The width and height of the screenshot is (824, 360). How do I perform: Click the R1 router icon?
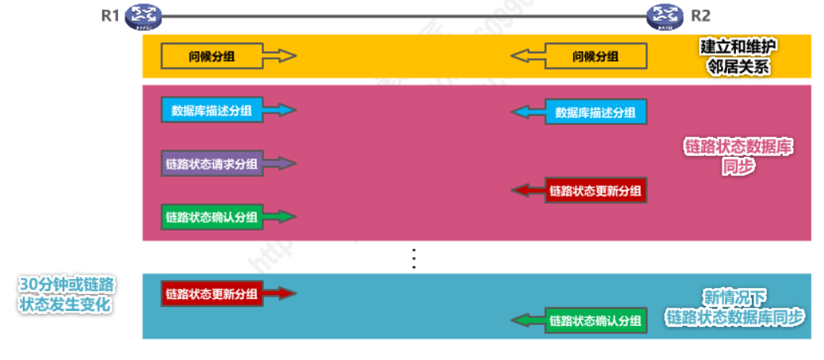tap(144, 15)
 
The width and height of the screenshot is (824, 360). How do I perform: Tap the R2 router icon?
tap(665, 15)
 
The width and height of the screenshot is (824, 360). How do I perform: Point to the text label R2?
tap(701, 15)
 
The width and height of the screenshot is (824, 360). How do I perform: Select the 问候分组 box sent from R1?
tap(212, 56)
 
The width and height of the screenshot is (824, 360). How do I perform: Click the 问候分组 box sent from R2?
tap(596, 56)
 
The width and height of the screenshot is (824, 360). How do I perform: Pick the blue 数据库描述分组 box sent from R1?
tap(212, 110)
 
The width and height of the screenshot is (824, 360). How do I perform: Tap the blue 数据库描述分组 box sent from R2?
tap(596, 112)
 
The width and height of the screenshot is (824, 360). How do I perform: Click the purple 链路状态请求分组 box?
tap(212, 164)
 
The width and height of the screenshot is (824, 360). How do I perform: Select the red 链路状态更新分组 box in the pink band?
tap(596, 190)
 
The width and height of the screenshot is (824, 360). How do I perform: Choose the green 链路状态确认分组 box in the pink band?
tap(212, 216)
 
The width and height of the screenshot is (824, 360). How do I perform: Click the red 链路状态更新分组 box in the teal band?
tap(212, 293)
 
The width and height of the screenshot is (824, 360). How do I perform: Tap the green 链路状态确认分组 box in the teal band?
tap(596, 320)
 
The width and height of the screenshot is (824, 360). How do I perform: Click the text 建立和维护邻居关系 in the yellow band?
tap(738, 56)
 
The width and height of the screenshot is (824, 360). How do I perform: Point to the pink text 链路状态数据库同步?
tap(738, 156)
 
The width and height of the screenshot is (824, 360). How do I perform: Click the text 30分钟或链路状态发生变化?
tap(66, 294)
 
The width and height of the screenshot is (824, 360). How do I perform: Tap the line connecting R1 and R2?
tap(404, 15)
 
